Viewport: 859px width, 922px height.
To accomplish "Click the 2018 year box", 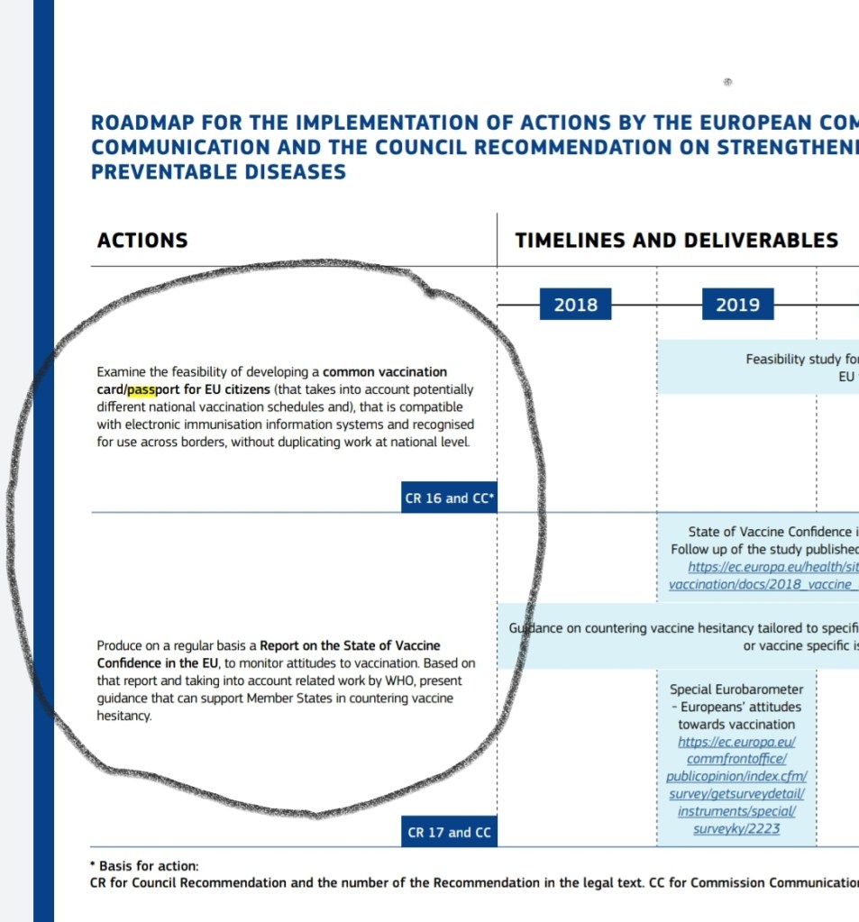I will pos(575,305).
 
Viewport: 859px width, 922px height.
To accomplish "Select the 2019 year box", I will pos(737,305).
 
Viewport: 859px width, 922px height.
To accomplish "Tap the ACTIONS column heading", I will pos(142,240).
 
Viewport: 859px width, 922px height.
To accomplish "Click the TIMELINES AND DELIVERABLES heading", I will pos(676,240).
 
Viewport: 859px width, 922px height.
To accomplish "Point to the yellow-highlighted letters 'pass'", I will pos(142,390).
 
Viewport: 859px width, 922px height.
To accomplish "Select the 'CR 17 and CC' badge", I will pos(449,832).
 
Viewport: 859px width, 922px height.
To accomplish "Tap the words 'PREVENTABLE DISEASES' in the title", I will pos(218,171).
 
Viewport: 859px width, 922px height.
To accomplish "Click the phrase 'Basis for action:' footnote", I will pos(149,865).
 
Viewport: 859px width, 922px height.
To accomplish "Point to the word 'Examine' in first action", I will pos(121,371).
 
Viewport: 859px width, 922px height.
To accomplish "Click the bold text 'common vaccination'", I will pos(385,371).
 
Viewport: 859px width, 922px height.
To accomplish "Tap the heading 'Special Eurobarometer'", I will pos(736,689).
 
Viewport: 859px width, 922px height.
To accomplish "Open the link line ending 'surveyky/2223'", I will pos(736,828).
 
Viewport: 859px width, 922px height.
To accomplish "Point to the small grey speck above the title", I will pos(727,82).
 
